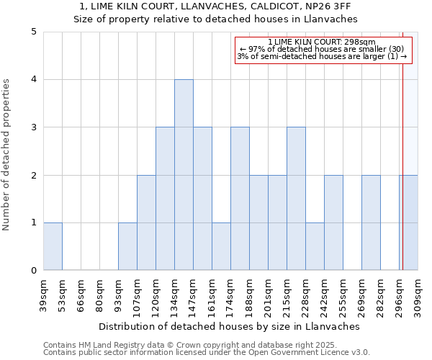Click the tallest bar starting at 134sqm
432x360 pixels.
point(184,175)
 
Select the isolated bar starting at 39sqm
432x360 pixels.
point(53,246)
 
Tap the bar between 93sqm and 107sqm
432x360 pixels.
point(127,246)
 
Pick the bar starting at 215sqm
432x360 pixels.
point(296,199)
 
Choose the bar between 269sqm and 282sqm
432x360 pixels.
point(371,222)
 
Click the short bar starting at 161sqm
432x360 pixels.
point(221,246)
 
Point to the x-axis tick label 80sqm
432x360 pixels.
point(100,295)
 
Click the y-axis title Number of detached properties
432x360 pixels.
point(7,156)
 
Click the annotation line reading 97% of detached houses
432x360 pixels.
point(323,49)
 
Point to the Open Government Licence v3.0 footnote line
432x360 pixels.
point(207,353)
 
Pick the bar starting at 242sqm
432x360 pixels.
point(333,222)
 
